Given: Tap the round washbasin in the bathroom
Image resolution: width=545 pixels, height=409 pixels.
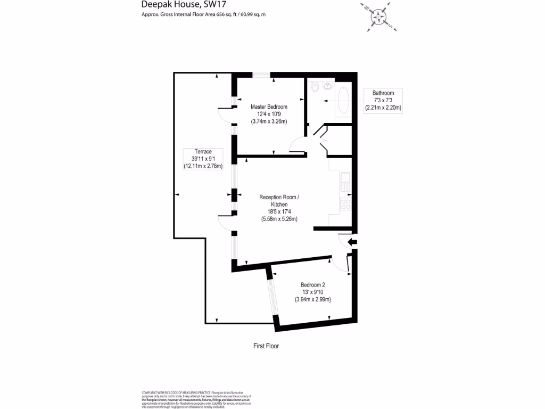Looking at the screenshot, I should coord(326,87).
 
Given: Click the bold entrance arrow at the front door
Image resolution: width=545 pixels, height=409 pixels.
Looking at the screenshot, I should coord(352,243).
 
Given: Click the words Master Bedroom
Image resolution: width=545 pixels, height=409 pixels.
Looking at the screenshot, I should coord(269,107).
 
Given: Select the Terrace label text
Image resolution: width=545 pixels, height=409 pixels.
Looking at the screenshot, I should coord(202,152).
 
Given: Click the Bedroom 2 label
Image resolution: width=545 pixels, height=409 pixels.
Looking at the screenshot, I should coord(313,285).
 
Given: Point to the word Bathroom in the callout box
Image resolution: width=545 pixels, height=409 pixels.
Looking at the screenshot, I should coord(383,93).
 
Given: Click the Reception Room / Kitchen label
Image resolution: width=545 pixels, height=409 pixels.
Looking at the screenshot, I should coord(279,201).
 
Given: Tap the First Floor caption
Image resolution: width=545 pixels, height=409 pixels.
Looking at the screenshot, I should coord(266,346).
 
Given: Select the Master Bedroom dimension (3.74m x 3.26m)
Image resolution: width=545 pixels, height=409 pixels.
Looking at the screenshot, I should coord(269,121).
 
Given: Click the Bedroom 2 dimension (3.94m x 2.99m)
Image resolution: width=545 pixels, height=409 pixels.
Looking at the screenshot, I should coord(313,299).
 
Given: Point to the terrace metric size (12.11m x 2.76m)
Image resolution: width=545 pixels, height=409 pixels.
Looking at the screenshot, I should coord(202,166).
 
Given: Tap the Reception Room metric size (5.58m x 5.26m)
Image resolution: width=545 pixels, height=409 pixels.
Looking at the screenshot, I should coord(279,219).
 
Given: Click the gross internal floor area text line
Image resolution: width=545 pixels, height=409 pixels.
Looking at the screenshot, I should coord(203,14).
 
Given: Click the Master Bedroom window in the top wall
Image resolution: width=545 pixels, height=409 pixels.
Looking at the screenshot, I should coord(261,75).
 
